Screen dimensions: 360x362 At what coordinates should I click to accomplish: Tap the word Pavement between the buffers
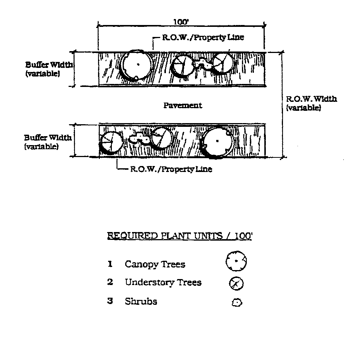(x=183, y=106)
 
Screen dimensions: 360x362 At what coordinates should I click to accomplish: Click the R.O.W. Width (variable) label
(x=311, y=103)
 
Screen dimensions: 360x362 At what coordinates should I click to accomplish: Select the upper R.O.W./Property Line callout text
(x=203, y=38)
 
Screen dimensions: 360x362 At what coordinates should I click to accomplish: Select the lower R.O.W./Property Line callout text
(x=171, y=169)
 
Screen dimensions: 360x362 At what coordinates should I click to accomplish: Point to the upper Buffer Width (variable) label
(x=48, y=69)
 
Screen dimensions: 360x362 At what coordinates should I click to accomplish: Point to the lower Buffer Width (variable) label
(x=48, y=142)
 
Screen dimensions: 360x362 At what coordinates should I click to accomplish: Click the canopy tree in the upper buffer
(x=137, y=65)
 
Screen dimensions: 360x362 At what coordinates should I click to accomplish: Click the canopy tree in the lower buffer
(x=218, y=141)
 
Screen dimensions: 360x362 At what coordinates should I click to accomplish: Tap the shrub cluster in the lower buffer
(x=138, y=138)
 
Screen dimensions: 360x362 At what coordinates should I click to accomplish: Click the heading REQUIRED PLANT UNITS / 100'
(x=179, y=236)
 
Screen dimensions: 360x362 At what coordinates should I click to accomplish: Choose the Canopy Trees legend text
(x=155, y=264)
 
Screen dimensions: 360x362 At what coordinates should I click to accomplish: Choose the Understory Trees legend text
(x=163, y=282)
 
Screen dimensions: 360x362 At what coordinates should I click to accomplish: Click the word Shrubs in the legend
(x=141, y=301)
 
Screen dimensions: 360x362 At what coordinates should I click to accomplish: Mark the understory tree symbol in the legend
(x=236, y=284)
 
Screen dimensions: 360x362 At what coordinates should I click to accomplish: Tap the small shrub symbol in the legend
(x=237, y=302)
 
